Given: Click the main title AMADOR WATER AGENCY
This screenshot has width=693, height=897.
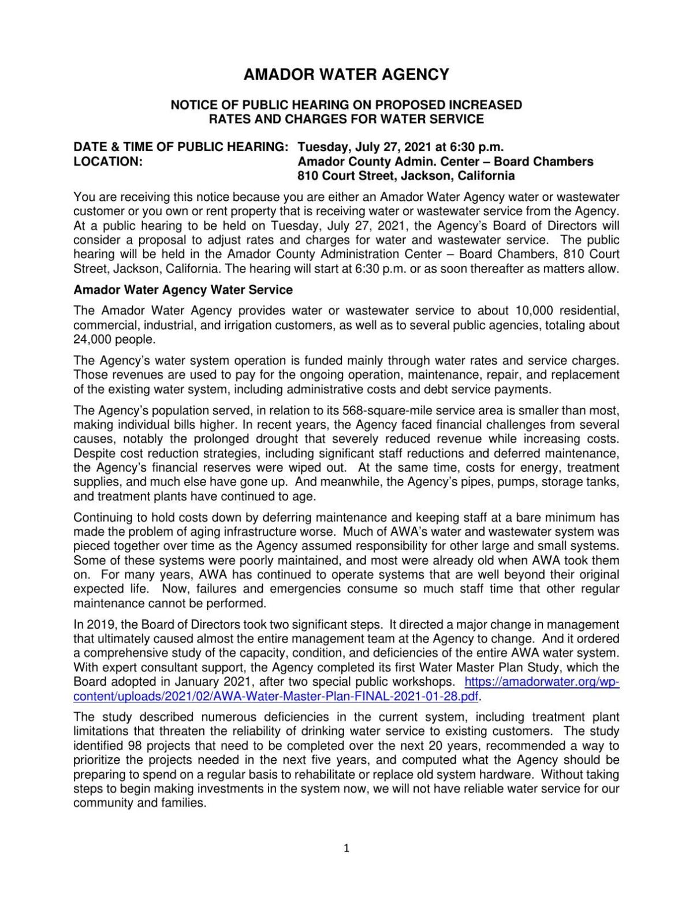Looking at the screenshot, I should point(346,74).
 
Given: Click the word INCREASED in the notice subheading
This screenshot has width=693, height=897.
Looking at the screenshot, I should point(489,105).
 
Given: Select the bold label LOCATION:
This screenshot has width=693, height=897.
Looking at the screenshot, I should point(108,162).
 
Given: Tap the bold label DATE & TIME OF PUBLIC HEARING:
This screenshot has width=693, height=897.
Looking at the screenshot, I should point(181,147).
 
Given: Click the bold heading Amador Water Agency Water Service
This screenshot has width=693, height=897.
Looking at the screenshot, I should point(183,290).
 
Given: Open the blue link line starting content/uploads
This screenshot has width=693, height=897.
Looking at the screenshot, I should point(276,696).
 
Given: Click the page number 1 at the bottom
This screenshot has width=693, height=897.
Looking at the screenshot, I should point(346,848).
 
